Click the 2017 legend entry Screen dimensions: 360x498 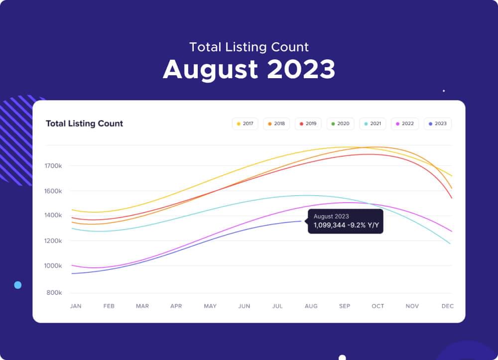[245, 123]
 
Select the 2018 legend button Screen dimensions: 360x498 [276, 123]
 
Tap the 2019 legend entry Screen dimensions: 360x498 [308, 123]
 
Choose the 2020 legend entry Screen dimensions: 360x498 [340, 123]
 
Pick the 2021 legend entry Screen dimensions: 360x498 [372, 123]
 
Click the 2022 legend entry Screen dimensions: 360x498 [404, 123]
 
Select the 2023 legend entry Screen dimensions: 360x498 [438, 123]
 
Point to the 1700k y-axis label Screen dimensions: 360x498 [54, 166]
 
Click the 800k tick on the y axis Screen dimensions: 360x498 [54, 293]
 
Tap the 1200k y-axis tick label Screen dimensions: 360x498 [54, 241]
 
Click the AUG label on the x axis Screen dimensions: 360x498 [311, 306]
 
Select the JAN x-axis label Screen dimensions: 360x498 [75, 306]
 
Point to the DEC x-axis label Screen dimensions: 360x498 [447, 306]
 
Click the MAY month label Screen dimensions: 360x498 [210, 306]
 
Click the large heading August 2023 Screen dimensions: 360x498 [249, 69]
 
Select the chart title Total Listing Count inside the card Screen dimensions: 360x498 [84, 123]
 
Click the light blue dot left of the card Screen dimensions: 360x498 [18, 285]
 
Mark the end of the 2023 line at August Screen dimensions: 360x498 [301, 221]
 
